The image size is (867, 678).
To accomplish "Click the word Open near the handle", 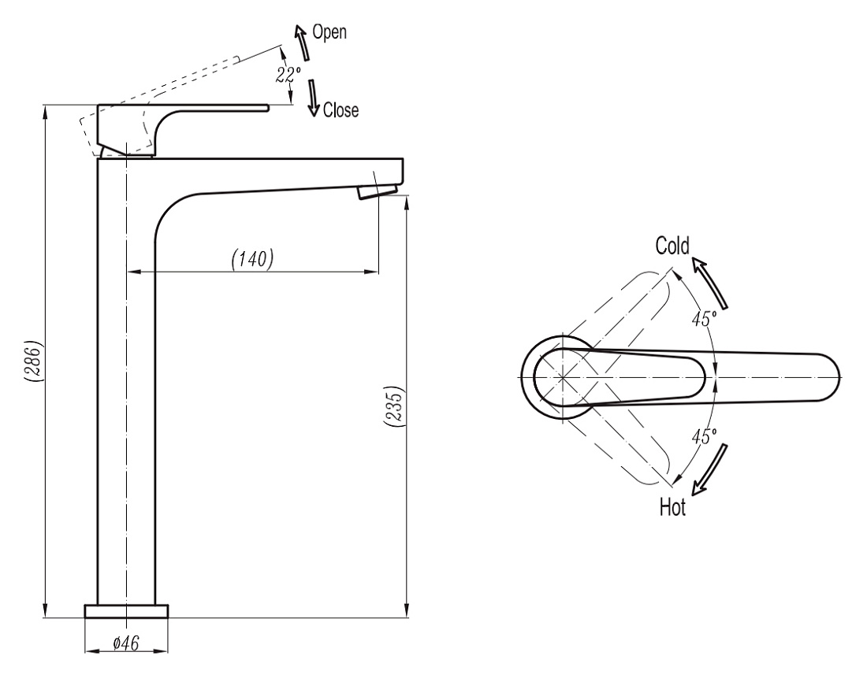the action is [x=329, y=32].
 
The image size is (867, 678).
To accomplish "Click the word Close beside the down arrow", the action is [x=340, y=110].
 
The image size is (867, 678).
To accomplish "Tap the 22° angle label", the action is [x=288, y=74].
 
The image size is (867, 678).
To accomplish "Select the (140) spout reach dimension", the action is [x=253, y=258].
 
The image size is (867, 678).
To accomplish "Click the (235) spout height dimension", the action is [x=394, y=406].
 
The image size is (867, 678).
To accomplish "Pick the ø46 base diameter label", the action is [x=126, y=643].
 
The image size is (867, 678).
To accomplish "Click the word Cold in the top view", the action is [x=672, y=246].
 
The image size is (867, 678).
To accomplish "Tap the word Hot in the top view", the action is [x=672, y=506].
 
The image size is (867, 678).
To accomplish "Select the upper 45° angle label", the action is [x=704, y=318].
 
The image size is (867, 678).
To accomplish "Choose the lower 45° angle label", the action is [x=704, y=436].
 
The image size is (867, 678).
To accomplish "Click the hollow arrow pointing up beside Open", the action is [x=302, y=42].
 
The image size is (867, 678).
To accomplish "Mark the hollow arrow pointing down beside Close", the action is [x=314, y=98].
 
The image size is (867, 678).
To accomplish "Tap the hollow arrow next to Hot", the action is [x=709, y=469].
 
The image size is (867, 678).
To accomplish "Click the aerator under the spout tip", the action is [x=378, y=191].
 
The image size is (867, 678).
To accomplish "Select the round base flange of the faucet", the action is [x=126, y=611].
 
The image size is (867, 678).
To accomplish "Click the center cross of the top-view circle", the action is [x=562, y=377].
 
